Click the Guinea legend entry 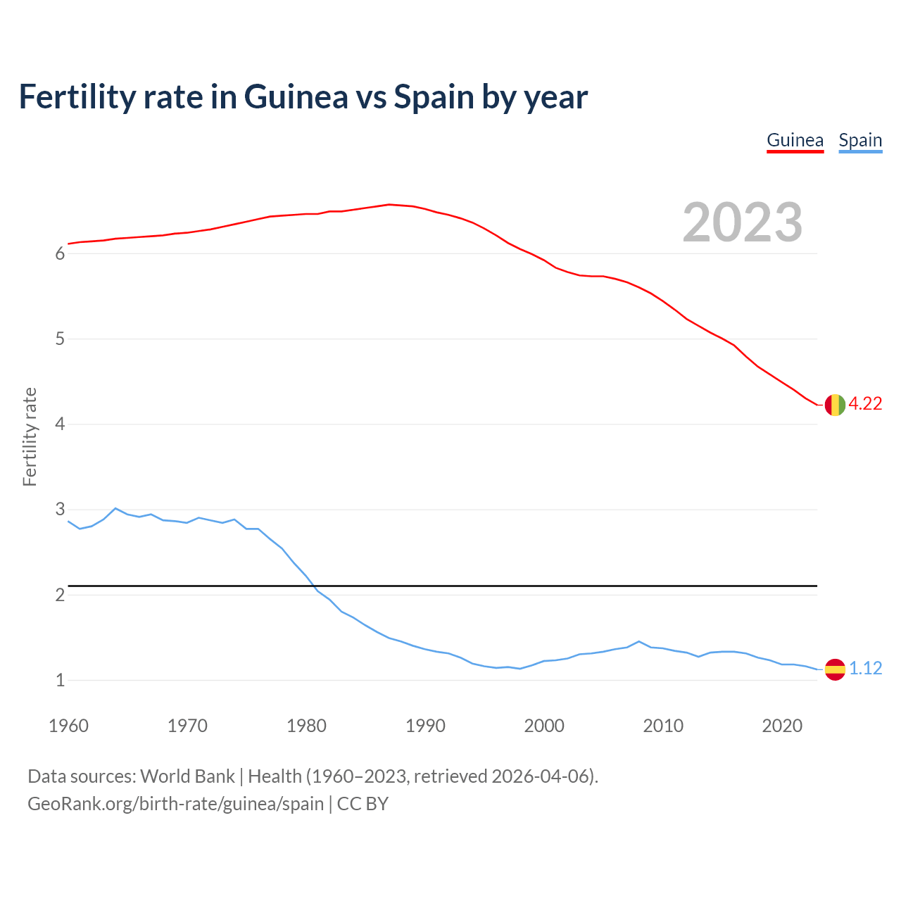[795, 140]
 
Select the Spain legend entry [860, 140]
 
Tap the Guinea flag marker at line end [835, 405]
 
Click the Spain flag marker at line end [835, 669]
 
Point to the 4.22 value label [865, 403]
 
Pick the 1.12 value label [865, 668]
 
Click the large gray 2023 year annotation [743, 222]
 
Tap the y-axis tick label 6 [60, 254]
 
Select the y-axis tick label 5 [60, 339]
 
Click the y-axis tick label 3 [60, 510]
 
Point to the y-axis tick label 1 [60, 681]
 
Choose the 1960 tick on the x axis [68, 726]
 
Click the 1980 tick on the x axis [306, 726]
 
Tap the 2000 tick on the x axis [544, 726]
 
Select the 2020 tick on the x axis [782, 726]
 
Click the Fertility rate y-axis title [30, 436]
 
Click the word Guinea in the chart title [296, 96]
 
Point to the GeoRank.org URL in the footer [175, 803]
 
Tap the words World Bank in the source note [187, 776]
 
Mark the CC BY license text [363, 803]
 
